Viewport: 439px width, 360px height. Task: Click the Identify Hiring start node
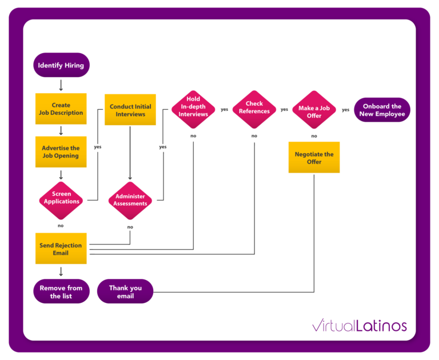[x=61, y=65]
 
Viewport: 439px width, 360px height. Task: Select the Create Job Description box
[x=61, y=109]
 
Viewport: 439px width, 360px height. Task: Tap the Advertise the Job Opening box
[x=61, y=152]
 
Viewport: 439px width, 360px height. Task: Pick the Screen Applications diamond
[x=61, y=198]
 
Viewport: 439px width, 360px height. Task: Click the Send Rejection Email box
[x=61, y=249]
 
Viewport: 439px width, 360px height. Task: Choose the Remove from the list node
[x=61, y=291]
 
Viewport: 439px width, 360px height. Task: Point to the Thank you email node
[x=125, y=291]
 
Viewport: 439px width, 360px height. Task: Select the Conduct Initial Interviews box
[x=130, y=110]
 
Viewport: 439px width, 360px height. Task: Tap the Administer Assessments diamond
[x=130, y=200]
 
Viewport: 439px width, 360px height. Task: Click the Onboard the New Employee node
[x=382, y=110]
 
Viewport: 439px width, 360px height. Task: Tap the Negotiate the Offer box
[x=314, y=158]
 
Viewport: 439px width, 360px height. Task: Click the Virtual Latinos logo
[x=360, y=326]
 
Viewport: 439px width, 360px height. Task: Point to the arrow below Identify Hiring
[x=61, y=85]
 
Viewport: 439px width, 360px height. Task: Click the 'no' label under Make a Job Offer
[x=314, y=136]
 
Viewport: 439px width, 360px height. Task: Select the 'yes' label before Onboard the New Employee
[x=345, y=110]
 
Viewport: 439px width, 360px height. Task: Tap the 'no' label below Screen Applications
[x=61, y=226]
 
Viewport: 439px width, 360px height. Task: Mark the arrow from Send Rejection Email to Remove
[x=61, y=271]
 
